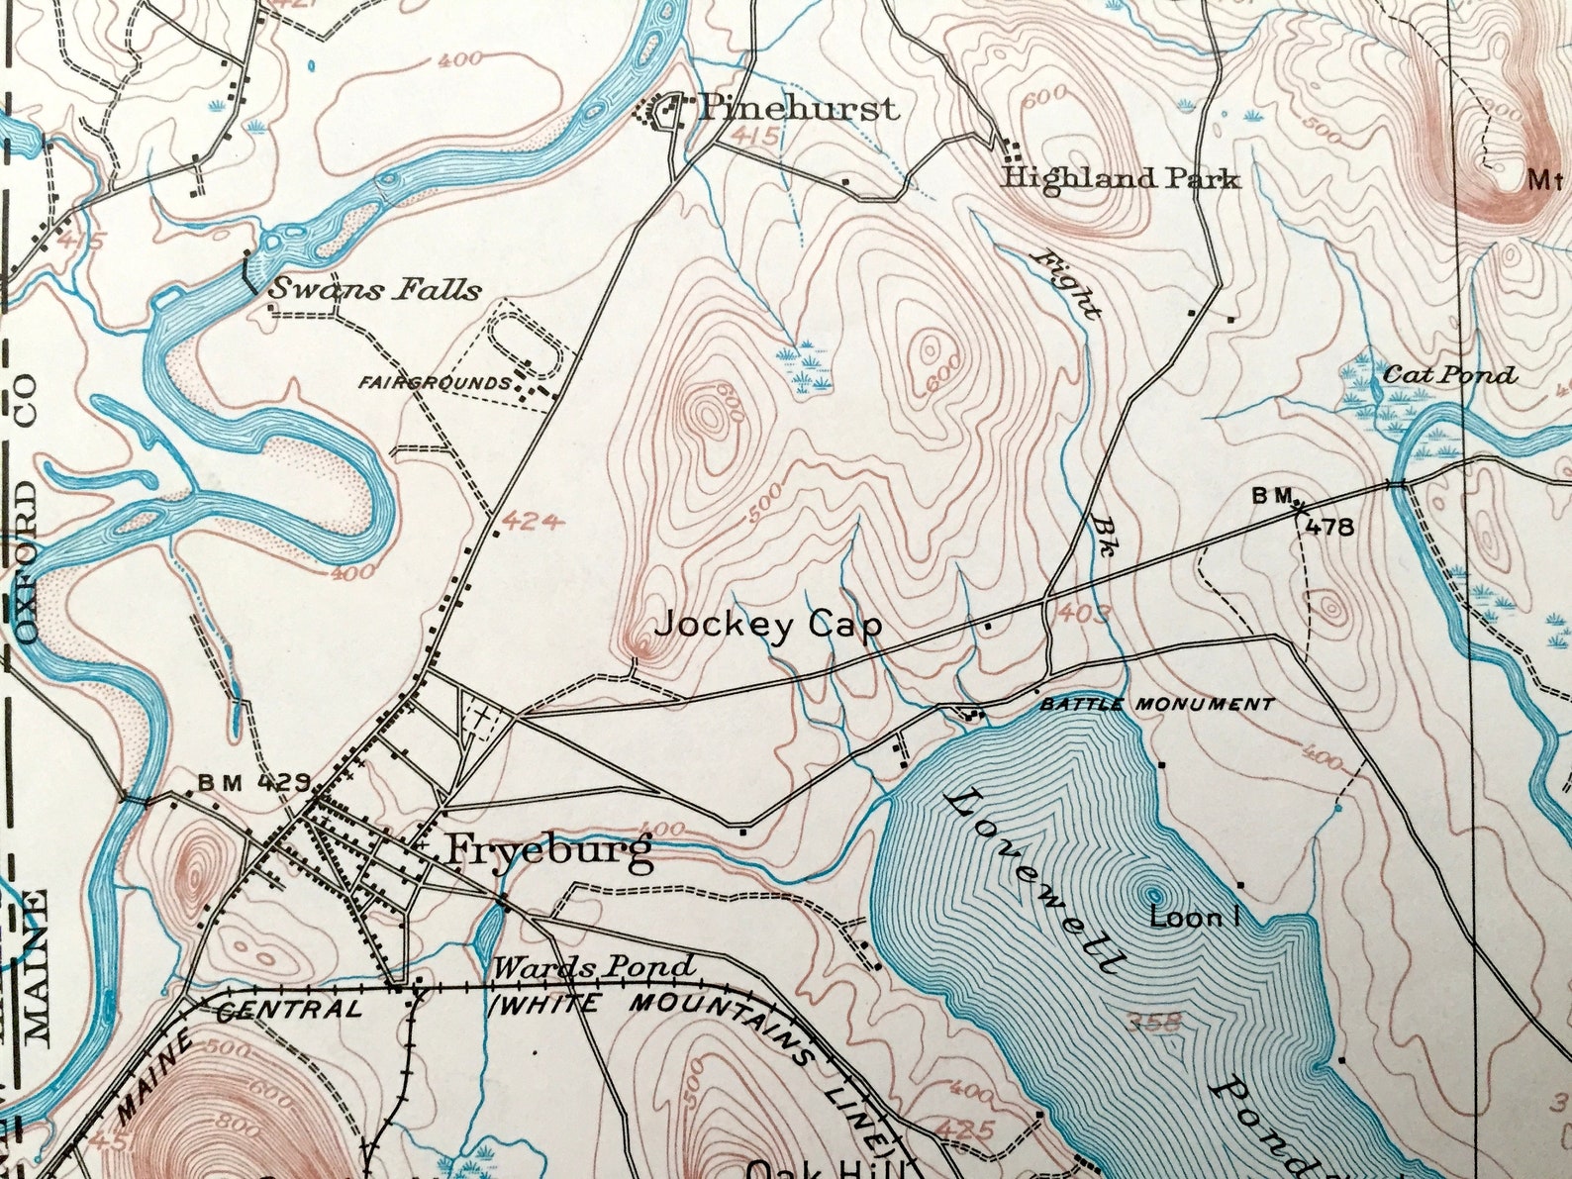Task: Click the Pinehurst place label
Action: tap(798, 107)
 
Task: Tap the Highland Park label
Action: tap(1120, 179)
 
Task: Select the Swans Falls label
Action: tap(375, 290)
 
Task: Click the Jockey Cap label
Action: tap(767, 625)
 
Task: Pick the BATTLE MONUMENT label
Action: tap(1156, 705)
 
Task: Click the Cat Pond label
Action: tap(1448, 375)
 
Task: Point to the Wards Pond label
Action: tap(594, 967)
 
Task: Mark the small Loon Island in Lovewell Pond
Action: tap(1154, 893)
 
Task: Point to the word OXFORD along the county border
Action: tap(25, 563)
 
